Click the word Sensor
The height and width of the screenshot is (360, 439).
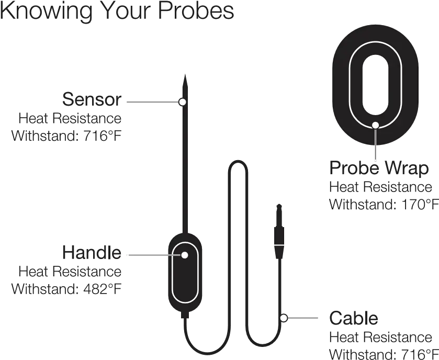point(92,99)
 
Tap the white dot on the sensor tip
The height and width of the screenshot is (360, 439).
point(183,102)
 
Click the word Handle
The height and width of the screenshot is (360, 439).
point(92,253)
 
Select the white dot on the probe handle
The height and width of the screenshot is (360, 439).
point(184,255)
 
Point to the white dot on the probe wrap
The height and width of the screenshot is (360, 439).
point(375,125)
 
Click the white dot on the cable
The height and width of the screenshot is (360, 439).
point(284,317)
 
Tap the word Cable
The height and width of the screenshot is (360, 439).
point(354,319)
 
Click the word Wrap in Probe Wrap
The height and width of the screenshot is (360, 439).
point(407,169)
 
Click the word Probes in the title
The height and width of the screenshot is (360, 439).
point(196,12)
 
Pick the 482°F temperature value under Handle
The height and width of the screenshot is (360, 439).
point(102,289)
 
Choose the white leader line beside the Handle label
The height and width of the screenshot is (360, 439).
point(152,255)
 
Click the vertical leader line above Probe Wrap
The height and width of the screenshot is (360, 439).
point(375,144)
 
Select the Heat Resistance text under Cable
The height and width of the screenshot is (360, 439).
point(381,336)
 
